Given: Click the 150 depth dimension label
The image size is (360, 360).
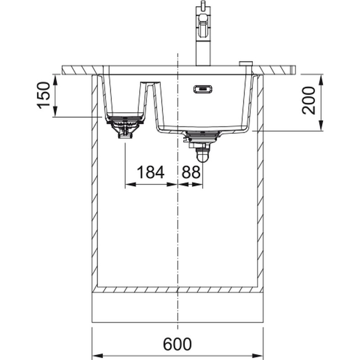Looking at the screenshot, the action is (x=44, y=95).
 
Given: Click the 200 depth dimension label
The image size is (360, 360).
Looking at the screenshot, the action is (x=309, y=100).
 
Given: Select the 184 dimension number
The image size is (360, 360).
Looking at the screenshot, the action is (x=150, y=172).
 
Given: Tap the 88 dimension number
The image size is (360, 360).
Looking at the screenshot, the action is (x=191, y=172).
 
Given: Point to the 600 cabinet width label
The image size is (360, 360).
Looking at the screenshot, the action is (x=177, y=344).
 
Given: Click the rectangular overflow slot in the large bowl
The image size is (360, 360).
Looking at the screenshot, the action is (x=203, y=89).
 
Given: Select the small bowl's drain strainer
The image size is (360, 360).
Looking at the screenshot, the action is (x=125, y=126).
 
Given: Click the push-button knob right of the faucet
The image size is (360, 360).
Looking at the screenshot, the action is (x=246, y=63).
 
